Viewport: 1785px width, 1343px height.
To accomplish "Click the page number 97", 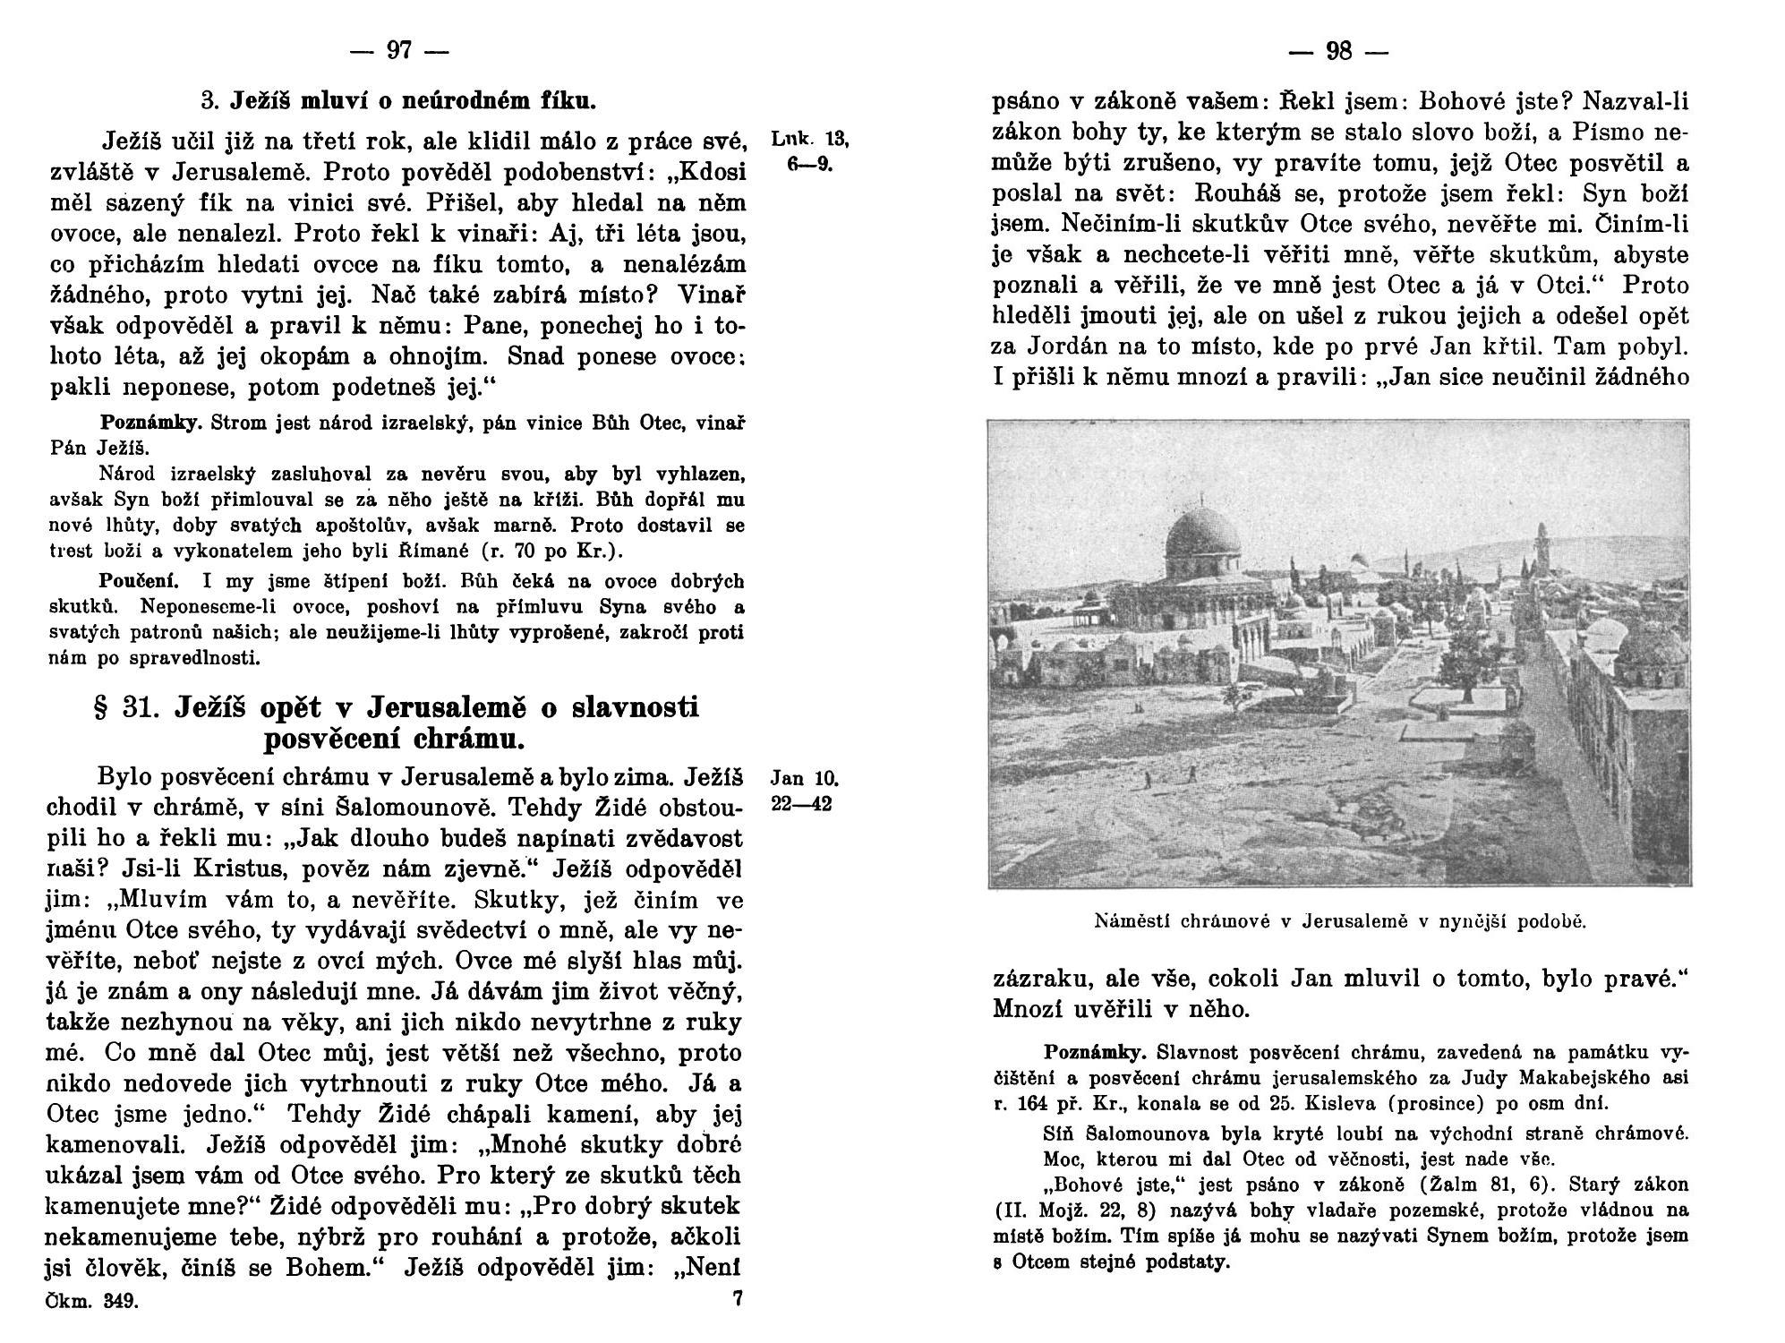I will point(399,52).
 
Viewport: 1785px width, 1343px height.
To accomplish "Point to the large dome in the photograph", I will point(1203,535).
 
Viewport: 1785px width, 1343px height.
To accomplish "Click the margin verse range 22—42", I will point(801,804).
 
